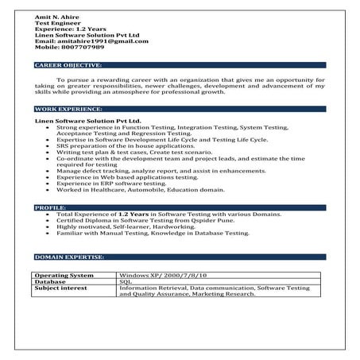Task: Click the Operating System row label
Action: tap(64, 274)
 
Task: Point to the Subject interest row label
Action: tap(64, 288)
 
